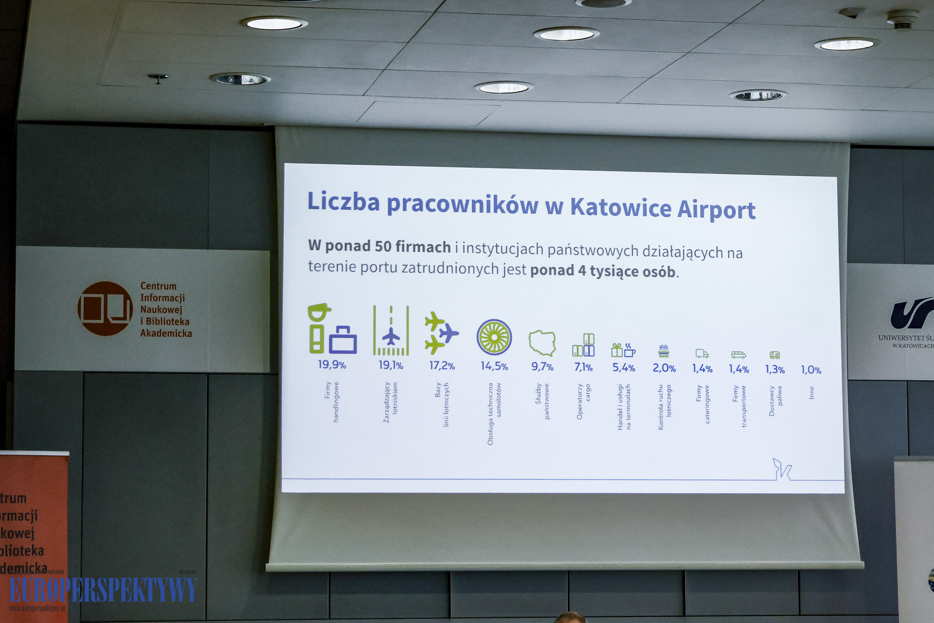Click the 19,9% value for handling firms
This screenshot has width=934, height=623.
click(332, 365)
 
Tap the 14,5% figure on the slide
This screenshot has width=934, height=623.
click(494, 366)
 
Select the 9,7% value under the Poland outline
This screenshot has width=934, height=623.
click(542, 367)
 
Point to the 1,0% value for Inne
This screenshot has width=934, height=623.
click(811, 370)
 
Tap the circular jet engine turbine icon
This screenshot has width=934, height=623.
click(494, 337)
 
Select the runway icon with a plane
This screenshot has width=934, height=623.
click(391, 330)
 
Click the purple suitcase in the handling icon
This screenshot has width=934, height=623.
click(343, 340)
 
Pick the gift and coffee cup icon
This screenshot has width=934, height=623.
click(623, 350)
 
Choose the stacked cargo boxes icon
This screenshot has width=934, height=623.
click(584, 345)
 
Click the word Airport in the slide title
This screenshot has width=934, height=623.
click(716, 209)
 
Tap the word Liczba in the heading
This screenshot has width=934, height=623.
click(343, 201)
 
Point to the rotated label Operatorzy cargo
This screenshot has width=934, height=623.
click(583, 401)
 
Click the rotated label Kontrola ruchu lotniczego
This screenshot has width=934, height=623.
click(664, 407)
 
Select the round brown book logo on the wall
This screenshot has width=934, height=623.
click(105, 309)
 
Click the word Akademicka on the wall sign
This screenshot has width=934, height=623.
click(166, 333)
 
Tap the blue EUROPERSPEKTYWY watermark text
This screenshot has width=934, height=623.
click(103, 589)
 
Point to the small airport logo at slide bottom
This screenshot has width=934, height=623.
click(782, 469)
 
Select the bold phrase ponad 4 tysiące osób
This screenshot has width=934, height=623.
click(602, 271)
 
